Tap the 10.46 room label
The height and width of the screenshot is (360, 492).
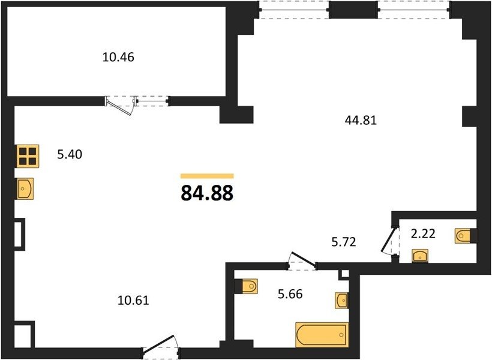click(118, 57)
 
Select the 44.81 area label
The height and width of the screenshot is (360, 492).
click(361, 120)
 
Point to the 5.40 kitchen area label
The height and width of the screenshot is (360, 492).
click(70, 154)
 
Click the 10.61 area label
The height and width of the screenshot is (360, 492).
click(133, 301)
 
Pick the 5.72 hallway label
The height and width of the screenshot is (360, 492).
click(344, 242)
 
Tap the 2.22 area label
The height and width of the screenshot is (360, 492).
click(423, 233)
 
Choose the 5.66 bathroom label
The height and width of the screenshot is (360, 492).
click(290, 294)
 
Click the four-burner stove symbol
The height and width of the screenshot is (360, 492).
click(28, 156)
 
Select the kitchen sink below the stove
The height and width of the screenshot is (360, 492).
click(25, 188)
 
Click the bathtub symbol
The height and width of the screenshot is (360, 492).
click(322, 335)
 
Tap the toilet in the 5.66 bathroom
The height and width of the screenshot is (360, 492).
click(247, 286)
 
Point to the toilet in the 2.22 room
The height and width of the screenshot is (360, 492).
click(466, 235)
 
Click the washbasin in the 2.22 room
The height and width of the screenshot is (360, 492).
click(420, 256)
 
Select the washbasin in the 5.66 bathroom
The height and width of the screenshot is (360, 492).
click(342, 301)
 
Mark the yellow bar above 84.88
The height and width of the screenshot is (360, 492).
click(207, 176)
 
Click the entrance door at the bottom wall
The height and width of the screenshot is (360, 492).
click(160, 347)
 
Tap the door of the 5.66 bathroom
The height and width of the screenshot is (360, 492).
click(302, 259)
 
